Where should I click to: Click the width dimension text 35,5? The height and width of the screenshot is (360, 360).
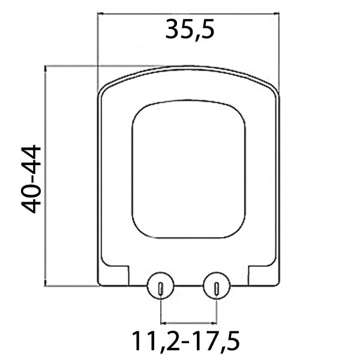(x=190, y=29)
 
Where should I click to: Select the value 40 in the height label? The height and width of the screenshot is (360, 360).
(x=30, y=194)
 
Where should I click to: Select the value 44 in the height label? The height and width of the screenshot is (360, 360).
(x=30, y=161)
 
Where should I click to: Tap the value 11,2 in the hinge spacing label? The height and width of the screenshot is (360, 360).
(x=155, y=343)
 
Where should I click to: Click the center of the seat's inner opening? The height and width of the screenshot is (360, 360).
(x=188, y=171)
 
